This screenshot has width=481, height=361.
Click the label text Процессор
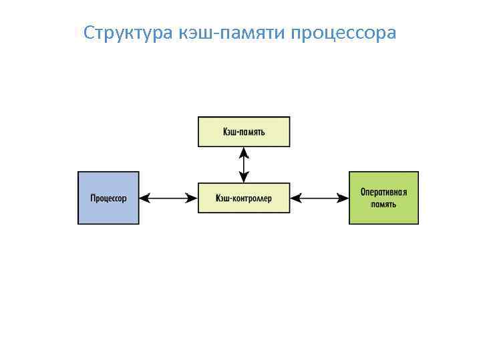[x=109, y=198]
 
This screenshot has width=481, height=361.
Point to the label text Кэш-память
[x=244, y=132]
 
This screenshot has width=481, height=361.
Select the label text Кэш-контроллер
[x=244, y=198]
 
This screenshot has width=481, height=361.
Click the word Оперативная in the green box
[x=383, y=192]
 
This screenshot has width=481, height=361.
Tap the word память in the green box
[x=383, y=204]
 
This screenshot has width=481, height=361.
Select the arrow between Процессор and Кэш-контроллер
[x=168, y=198]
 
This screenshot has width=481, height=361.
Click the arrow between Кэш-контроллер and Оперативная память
[x=320, y=198]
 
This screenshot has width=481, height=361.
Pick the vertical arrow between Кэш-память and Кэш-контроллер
[x=244, y=164]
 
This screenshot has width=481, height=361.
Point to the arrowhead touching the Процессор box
[x=145, y=198]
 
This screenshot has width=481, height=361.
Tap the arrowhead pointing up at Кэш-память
[x=244, y=152]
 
